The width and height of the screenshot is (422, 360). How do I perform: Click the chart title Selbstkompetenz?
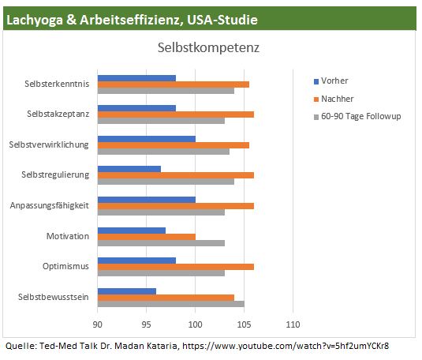208,48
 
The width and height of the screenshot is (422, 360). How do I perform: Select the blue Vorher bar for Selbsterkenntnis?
136,78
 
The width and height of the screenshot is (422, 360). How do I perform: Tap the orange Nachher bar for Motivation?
147,237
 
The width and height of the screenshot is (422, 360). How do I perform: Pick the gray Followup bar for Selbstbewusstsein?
171,304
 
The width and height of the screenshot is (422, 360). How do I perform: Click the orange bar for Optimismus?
176,267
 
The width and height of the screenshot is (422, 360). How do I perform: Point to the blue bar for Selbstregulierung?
129,169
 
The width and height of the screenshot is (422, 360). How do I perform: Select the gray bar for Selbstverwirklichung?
163,152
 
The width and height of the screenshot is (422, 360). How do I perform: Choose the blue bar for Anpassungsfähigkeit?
147,200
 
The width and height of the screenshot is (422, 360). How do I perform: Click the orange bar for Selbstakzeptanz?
176,114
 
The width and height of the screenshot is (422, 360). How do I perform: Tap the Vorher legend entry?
331,81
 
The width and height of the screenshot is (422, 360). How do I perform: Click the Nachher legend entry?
334,99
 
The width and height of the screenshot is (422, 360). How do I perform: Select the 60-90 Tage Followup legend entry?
357,116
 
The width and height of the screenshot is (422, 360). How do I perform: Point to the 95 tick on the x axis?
146,324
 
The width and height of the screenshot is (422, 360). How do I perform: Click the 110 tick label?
293,324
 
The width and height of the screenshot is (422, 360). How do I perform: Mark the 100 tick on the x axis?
195,324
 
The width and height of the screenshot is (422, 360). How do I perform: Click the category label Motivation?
68,236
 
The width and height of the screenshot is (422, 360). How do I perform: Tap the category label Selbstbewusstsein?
54,297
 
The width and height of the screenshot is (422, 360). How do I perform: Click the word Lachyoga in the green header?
35,21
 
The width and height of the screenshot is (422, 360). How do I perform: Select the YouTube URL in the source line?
286,346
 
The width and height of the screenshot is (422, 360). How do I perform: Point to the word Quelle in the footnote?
21,346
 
